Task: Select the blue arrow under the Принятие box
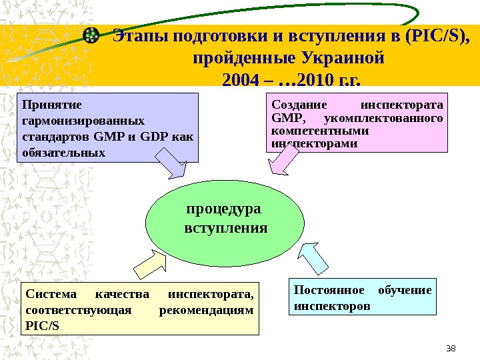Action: pyautogui.click(x=171, y=163)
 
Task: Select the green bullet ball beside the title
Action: pyautogui.click(x=92, y=35)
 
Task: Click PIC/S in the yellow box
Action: pyautogui.click(x=41, y=326)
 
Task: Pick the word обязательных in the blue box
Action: pyautogui.click(x=64, y=153)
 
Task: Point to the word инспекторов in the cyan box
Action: pyautogui.click(x=331, y=307)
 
